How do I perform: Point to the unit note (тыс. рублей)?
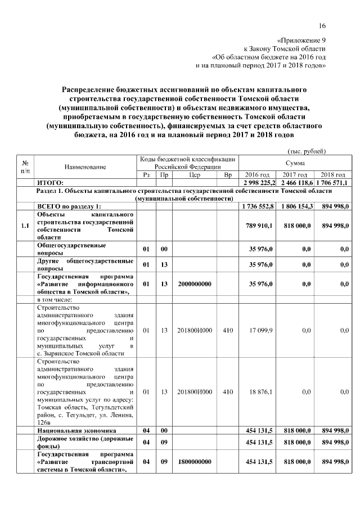(x=307, y=151)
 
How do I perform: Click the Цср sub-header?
(x=195, y=175)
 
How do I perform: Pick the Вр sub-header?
(x=228, y=175)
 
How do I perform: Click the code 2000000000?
(x=195, y=284)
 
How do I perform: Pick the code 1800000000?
(x=195, y=462)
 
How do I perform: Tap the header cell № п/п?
(x=25, y=166)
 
